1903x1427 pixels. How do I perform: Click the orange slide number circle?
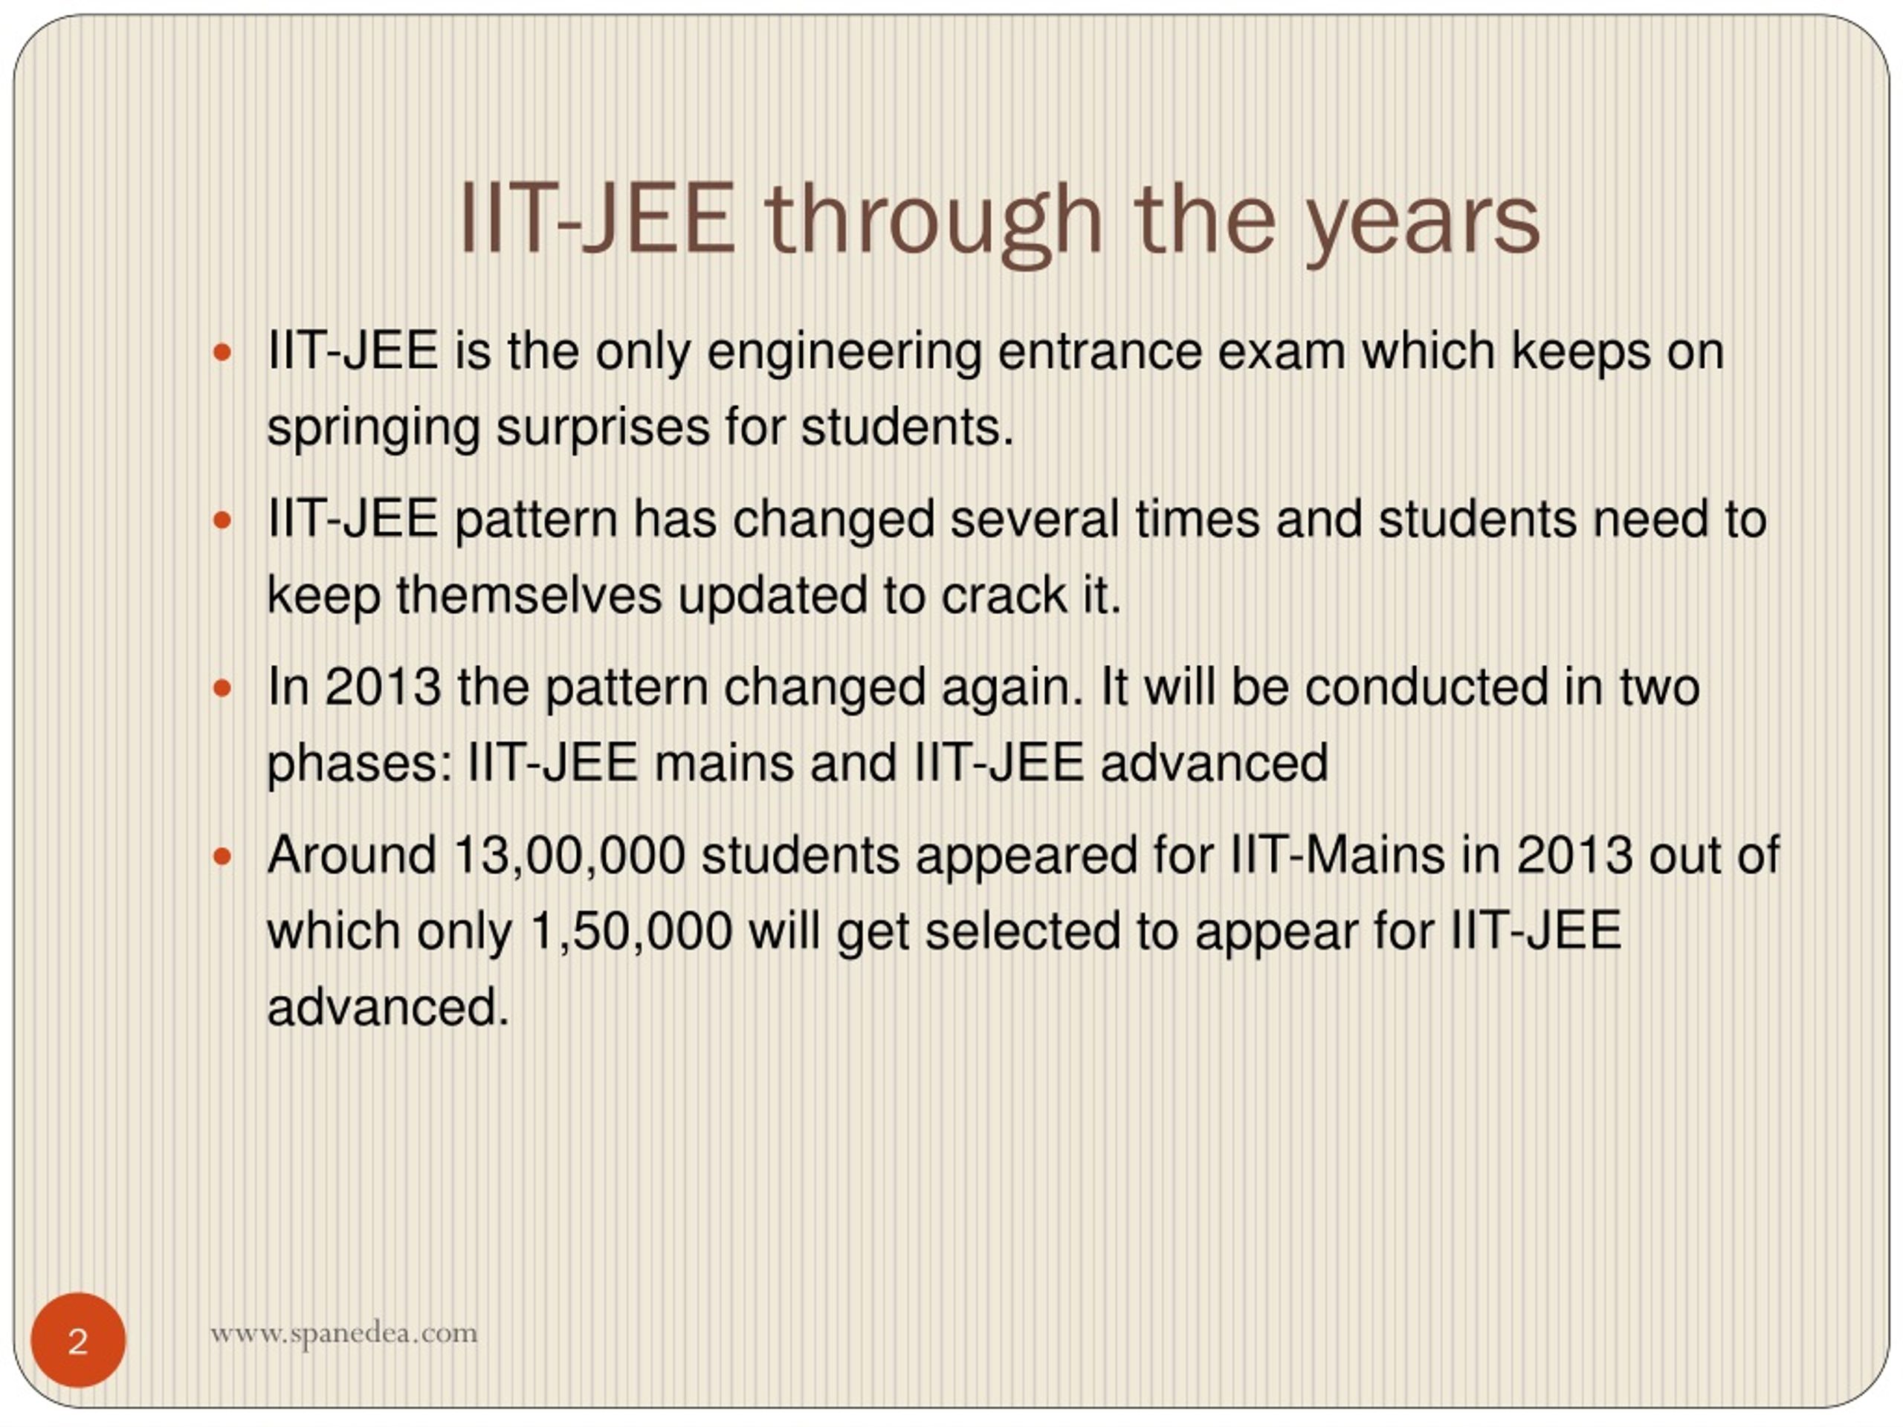78,1339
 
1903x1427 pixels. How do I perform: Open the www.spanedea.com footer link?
343,1333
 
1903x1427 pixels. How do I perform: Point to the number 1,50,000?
631,931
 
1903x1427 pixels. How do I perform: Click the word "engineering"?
844,353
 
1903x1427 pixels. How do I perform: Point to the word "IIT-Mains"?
1338,856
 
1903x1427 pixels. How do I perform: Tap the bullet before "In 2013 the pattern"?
222,688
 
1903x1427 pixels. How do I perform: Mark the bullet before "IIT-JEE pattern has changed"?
222,520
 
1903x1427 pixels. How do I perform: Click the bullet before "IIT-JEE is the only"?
222,352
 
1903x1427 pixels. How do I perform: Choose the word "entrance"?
1099,353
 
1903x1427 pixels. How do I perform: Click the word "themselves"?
529,595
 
